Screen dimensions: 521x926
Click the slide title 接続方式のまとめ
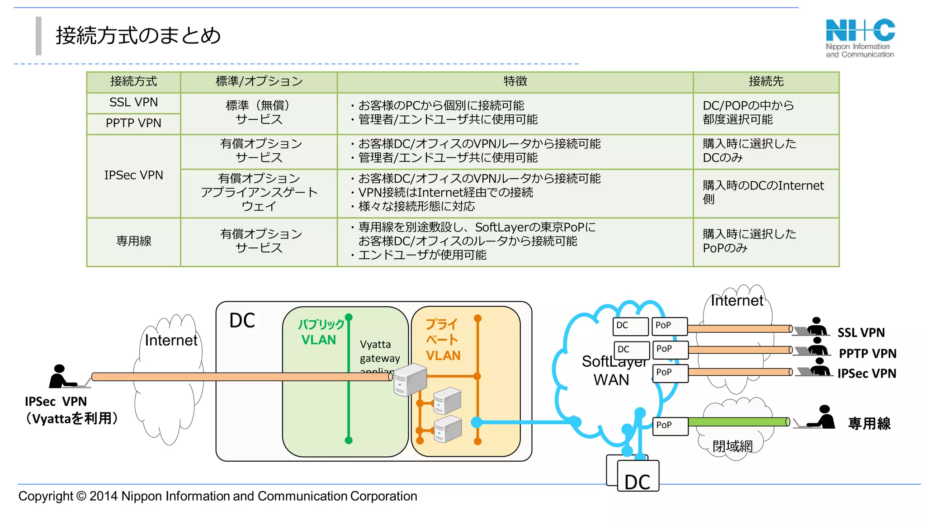[x=138, y=35]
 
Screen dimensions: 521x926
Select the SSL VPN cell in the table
[x=133, y=103]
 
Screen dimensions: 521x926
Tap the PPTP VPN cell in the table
[x=133, y=123]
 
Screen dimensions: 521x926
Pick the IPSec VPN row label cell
[x=133, y=175]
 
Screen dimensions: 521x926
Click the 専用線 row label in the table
[x=133, y=241]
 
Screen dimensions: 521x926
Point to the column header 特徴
[x=515, y=81]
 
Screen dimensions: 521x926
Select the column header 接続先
[x=765, y=81]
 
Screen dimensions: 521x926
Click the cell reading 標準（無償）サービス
[x=259, y=113]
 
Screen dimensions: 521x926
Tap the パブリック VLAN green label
[x=320, y=332]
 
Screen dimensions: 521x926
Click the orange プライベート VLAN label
[x=443, y=340]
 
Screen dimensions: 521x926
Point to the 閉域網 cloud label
[x=732, y=446]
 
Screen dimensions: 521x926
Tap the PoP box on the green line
[x=670, y=426]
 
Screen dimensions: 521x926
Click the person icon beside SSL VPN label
[x=816, y=326]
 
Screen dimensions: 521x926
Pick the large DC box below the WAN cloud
[x=638, y=476]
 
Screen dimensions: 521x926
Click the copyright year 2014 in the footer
[x=104, y=496]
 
